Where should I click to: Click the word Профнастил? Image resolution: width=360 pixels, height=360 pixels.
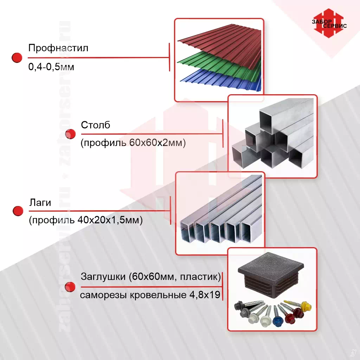(x=58, y=48)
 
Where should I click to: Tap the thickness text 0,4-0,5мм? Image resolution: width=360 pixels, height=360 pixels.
(x=51, y=67)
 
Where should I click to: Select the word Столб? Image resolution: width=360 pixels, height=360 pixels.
(x=96, y=125)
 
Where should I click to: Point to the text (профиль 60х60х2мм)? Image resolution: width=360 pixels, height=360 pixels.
(x=133, y=143)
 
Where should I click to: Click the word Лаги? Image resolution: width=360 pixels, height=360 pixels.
(x=40, y=202)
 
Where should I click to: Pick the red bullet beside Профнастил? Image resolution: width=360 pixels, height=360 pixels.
(x=17, y=58)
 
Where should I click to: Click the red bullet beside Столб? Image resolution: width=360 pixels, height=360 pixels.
(x=71, y=134)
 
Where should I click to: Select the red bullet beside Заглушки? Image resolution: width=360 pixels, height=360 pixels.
(x=70, y=287)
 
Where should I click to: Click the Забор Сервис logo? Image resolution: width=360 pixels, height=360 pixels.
(x=328, y=24)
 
